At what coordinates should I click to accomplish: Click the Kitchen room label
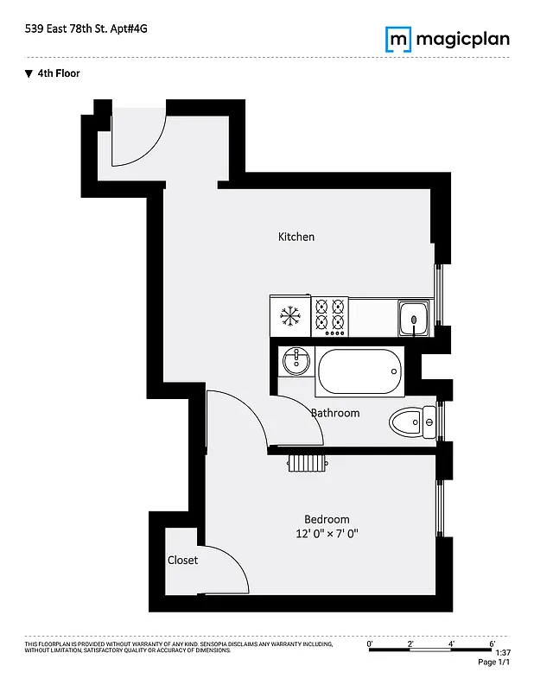[x=296, y=237]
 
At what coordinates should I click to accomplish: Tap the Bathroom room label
[x=335, y=413]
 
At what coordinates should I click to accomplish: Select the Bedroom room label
[x=327, y=518]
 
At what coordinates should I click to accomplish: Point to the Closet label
[x=182, y=560]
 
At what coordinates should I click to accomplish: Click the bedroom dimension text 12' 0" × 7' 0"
[x=327, y=534]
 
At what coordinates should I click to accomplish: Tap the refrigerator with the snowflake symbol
[x=290, y=317]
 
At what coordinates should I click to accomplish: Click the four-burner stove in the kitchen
[x=329, y=316]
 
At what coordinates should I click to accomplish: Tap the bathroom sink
[x=296, y=359]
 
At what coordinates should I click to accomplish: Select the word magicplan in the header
[x=462, y=39]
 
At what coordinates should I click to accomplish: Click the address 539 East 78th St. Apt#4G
[x=86, y=29]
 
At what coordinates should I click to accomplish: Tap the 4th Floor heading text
[x=58, y=73]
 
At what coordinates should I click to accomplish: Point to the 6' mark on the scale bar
[x=492, y=643]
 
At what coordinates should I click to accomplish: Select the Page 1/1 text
[x=493, y=662]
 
